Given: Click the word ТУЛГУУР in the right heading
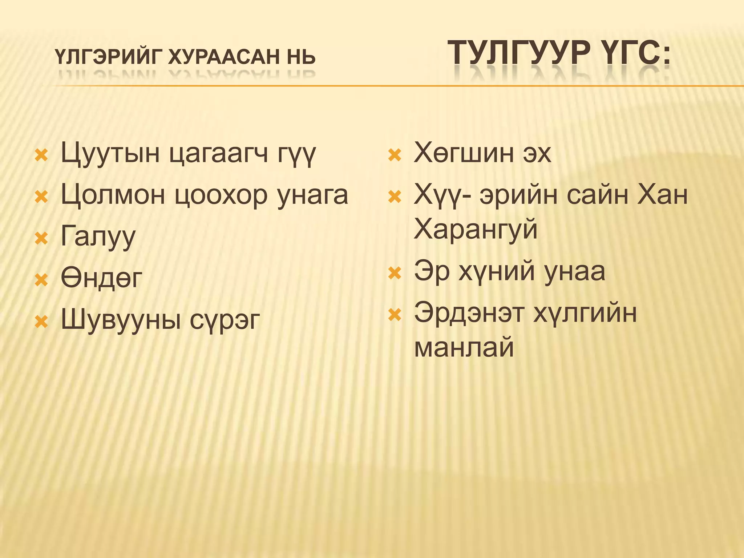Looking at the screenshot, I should (519, 53).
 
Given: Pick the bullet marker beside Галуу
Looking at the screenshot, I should (41, 239).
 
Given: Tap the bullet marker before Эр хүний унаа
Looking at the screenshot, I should (395, 273).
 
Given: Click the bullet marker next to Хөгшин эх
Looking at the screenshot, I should (395, 155).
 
